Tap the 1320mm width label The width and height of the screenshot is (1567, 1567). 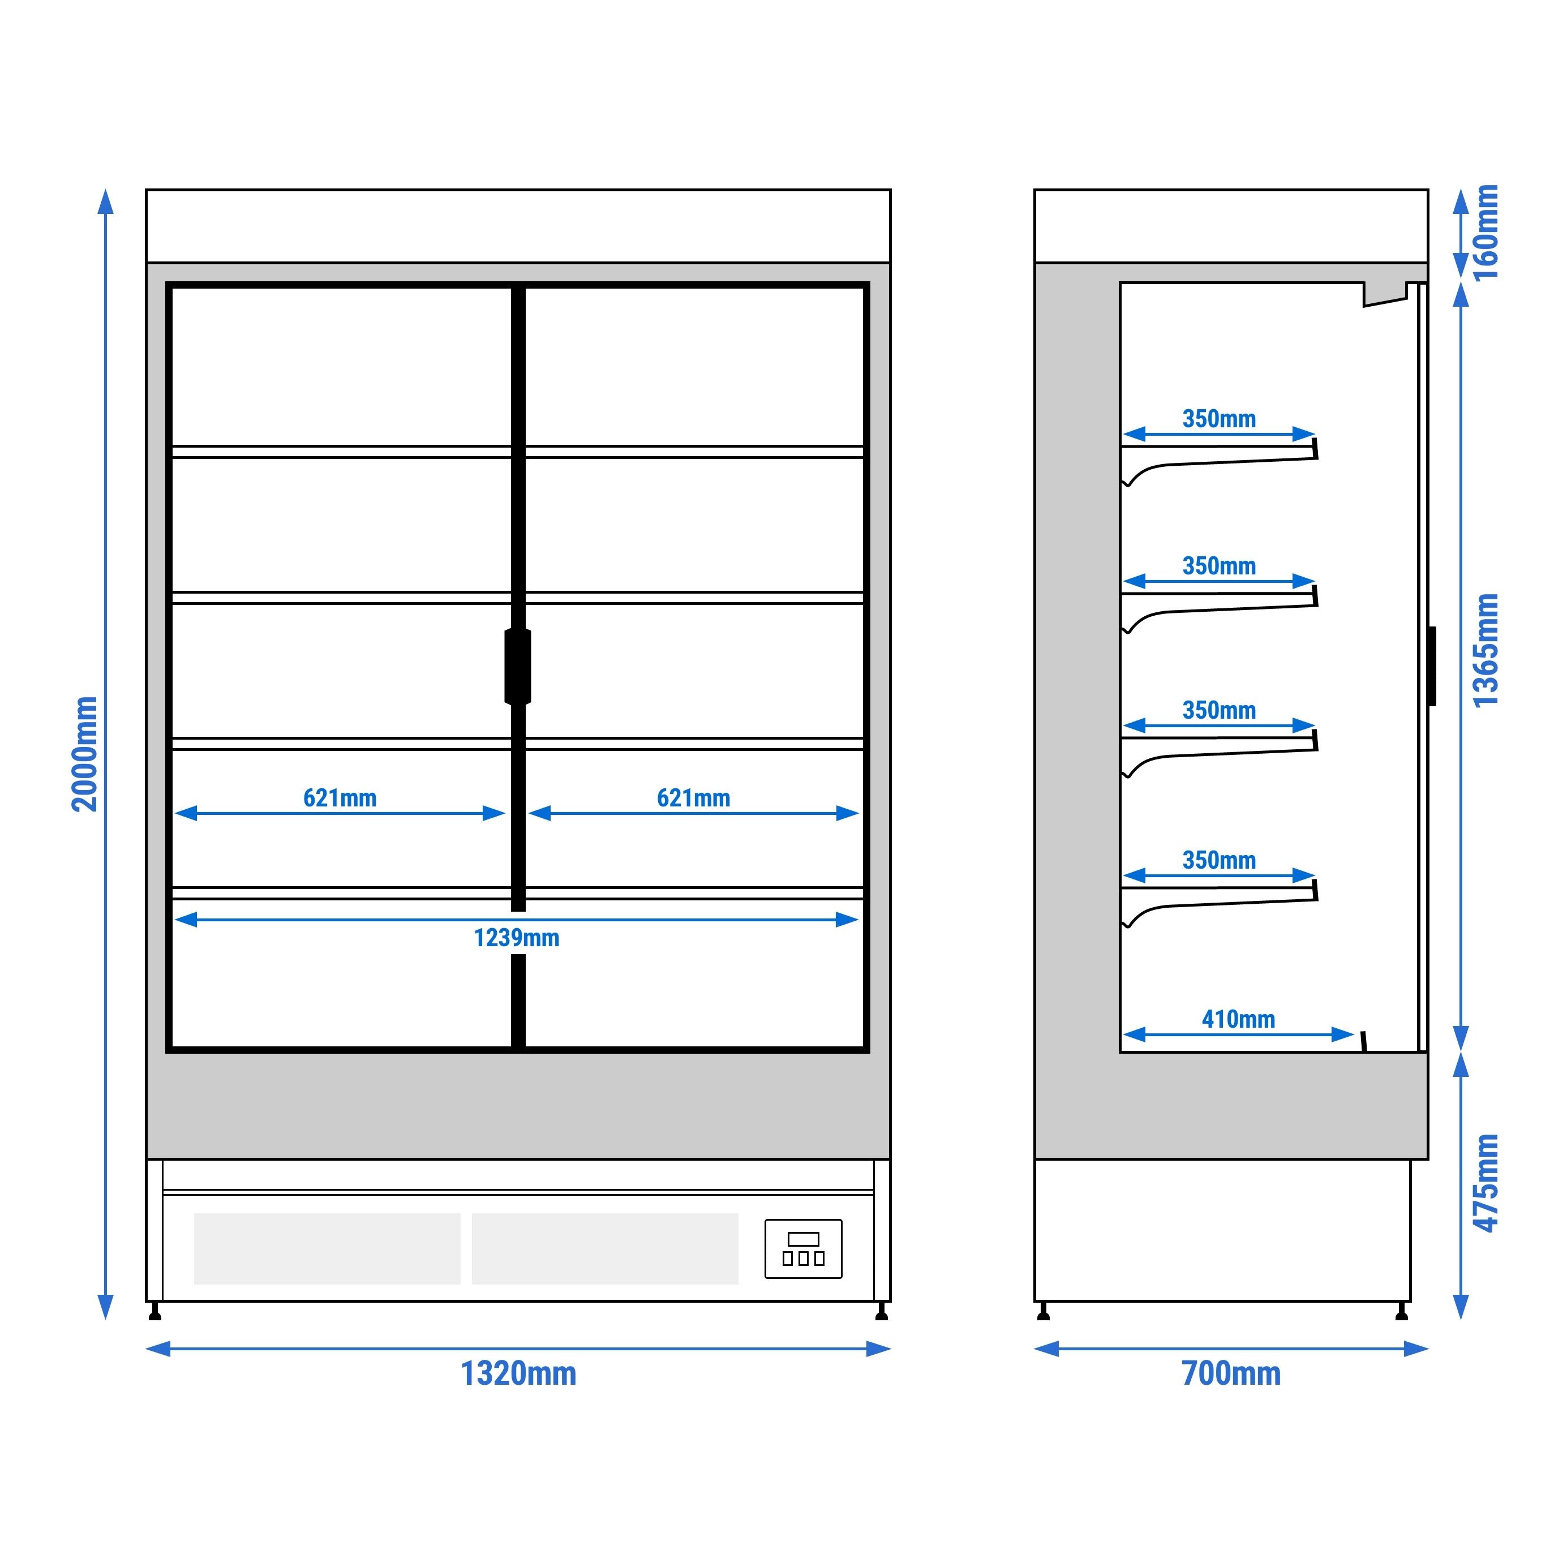(518, 1374)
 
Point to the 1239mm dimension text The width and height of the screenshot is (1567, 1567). (517, 938)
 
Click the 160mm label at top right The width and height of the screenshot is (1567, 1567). (1486, 233)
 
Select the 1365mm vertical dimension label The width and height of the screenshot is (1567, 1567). (1486, 650)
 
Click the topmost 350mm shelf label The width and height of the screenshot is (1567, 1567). (1218, 419)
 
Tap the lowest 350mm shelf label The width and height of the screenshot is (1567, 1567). (1218, 861)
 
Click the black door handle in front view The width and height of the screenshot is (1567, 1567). (517, 666)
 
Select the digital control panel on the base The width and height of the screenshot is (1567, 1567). (803, 1249)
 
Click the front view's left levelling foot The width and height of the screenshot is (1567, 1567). (155, 1312)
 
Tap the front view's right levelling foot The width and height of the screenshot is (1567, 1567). (882, 1312)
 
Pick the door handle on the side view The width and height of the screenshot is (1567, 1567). (1432, 666)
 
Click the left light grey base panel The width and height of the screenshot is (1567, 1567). (327, 1248)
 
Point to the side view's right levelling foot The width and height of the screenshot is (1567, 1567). (1401, 1312)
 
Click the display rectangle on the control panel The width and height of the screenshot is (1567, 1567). (803, 1239)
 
